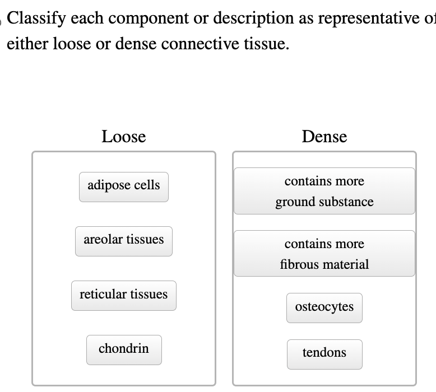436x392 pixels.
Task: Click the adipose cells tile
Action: [123, 186]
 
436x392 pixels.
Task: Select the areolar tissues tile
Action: [123, 240]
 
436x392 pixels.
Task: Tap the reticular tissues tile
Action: [123, 295]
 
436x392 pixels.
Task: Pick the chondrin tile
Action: [123, 349]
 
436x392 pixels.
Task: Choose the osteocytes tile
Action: [324, 307]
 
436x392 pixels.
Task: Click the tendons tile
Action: [324, 353]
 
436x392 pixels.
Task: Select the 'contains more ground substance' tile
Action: [324, 192]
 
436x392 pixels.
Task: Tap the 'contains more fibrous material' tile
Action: [324, 254]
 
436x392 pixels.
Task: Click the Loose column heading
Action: [123, 137]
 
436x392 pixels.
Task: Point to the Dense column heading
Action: [324, 137]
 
